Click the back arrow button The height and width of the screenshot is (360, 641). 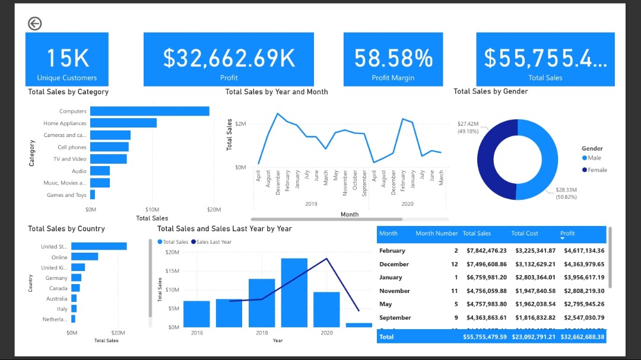[34, 24]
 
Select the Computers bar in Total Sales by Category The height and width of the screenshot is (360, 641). [150, 111]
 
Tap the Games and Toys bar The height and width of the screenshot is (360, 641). [93, 195]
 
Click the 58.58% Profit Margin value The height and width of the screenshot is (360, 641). [393, 58]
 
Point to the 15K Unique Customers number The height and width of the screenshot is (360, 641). [67, 58]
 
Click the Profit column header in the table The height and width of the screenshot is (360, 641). [567, 234]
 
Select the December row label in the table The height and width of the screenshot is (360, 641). [394, 265]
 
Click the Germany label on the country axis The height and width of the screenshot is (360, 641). [56, 278]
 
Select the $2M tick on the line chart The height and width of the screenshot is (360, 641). [240, 124]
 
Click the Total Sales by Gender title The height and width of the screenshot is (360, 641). [490, 91]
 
